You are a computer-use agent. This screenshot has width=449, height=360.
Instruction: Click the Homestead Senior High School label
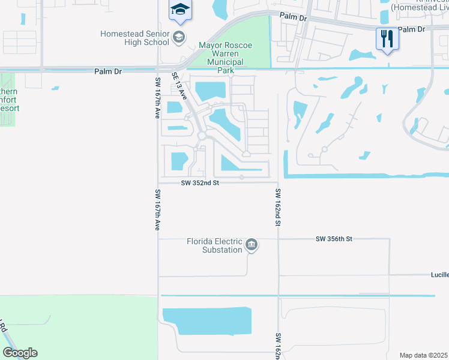[134, 38]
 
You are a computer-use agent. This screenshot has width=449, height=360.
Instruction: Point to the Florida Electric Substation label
[214, 245]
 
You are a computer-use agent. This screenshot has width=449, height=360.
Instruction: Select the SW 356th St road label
[333, 239]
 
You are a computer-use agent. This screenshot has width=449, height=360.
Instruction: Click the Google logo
[20, 353]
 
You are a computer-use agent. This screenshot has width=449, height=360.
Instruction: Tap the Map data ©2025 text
[423, 355]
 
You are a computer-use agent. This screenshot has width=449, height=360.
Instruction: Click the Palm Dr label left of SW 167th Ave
[108, 71]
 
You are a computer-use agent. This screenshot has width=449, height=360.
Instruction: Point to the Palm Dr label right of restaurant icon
[411, 29]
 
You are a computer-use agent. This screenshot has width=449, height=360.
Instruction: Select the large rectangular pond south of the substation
[207, 321]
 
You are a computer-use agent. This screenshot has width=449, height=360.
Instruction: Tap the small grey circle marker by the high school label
[178, 38]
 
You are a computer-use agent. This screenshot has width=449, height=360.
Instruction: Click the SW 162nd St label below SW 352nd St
[279, 207]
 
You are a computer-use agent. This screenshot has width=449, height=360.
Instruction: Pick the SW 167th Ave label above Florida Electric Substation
[157, 210]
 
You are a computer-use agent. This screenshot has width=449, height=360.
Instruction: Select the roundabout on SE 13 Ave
[202, 136]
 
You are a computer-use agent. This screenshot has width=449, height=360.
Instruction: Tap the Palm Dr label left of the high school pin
[294, 18]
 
